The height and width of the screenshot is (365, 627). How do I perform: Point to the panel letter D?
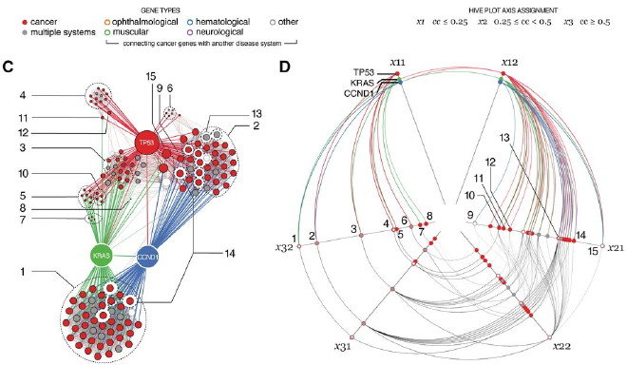285,66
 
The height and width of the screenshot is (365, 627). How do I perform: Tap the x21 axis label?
616,247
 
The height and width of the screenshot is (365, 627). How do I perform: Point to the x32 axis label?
282,247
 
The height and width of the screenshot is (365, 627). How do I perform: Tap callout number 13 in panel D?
504,138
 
